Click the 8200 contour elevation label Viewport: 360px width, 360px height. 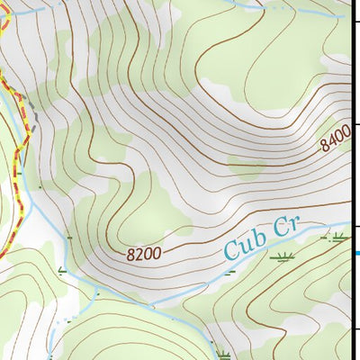point(144,254)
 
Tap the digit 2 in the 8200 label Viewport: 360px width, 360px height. point(139,255)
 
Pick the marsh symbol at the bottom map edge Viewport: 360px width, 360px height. point(222,354)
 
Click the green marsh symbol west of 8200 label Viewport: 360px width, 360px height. point(62,270)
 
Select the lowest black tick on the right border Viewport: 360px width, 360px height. point(355,328)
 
